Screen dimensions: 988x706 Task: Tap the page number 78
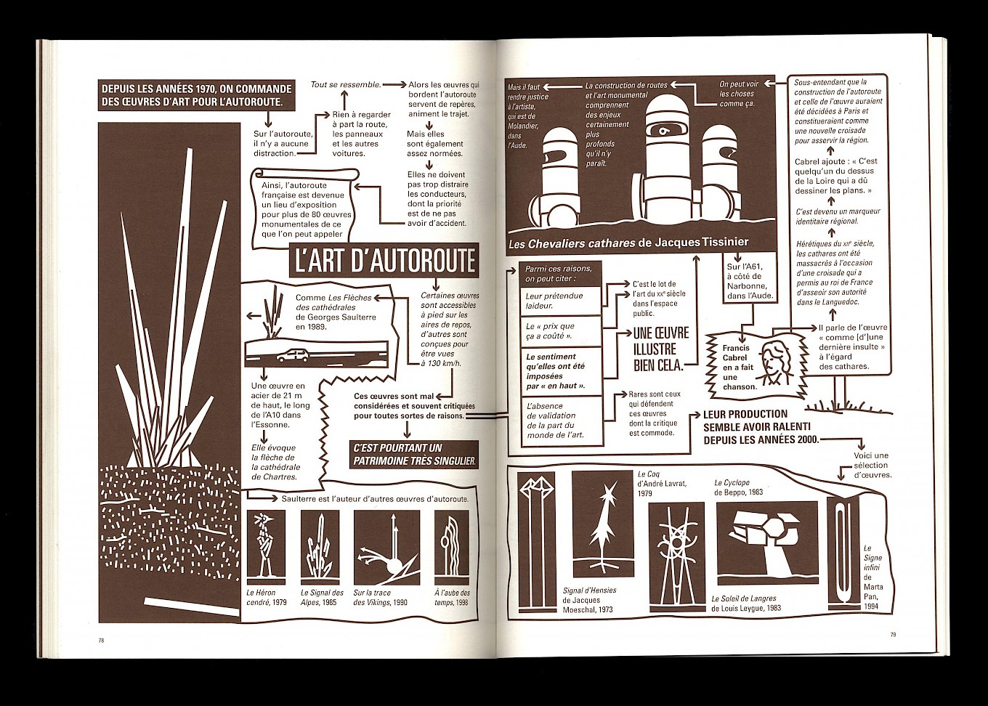(101, 641)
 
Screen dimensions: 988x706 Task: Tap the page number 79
(893, 635)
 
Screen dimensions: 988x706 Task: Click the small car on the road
(293, 355)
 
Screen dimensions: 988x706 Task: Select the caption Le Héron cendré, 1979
(266, 598)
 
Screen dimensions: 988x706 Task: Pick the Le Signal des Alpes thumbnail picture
(320, 548)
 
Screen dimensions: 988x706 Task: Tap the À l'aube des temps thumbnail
(452, 548)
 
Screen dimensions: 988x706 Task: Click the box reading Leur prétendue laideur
(561, 300)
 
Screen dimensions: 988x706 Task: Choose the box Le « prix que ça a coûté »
(561, 331)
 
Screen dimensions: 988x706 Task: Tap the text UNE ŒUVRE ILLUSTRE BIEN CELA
(660, 349)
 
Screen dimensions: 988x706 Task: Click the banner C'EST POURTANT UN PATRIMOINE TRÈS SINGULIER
(415, 454)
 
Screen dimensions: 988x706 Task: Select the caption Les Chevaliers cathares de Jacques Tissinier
(628, 242)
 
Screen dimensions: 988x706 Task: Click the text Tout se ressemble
(346, 84)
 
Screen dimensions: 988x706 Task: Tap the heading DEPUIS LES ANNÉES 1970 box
(197, 95)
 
